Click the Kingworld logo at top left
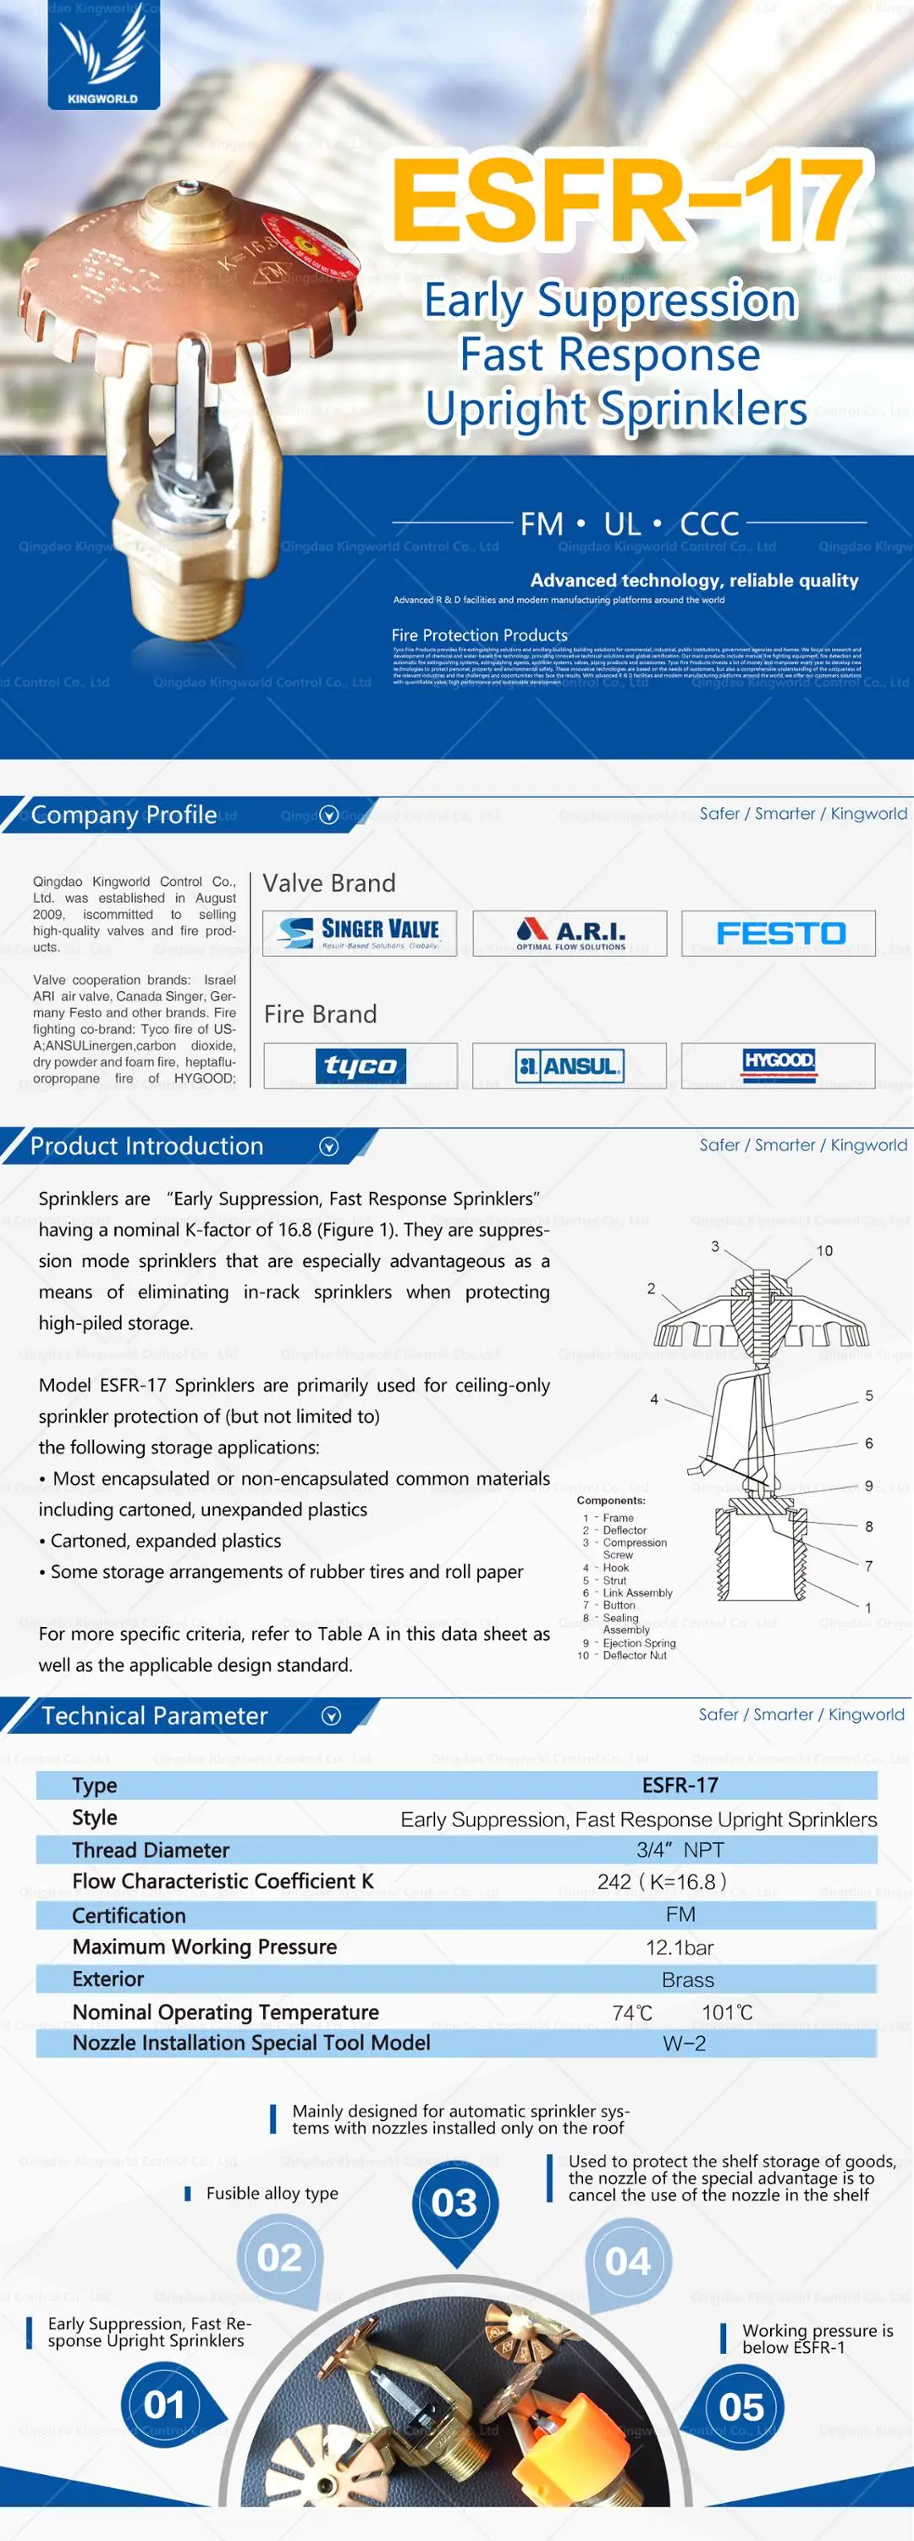[102, 55]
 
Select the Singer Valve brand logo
[360, 933]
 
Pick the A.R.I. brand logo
[570, 933]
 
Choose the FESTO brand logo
[779, 933]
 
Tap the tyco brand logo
[360, 1065]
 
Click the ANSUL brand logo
[570, 1065]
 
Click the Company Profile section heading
[124, 815]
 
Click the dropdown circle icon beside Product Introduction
[329, 1146]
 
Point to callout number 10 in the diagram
[824, 1251]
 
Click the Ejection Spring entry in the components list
[639, 1643]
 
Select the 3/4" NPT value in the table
[680, 1850]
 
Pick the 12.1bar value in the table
[680, 1947]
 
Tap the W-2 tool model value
[685, 2043]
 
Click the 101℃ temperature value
[728, 2012]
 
